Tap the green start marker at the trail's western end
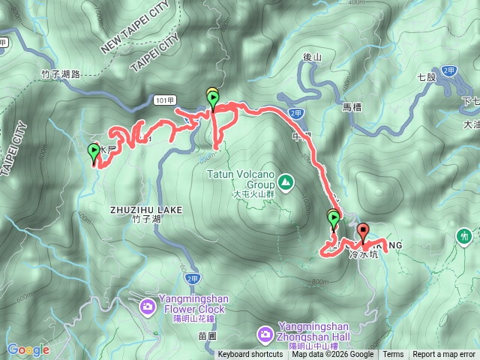coord(94,152)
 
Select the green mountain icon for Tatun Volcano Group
coord(286,181)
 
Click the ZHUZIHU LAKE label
coord(145,210)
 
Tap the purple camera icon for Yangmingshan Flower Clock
coord(148,306)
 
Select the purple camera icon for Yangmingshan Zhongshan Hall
coord(265,332)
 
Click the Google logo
coord(28,349)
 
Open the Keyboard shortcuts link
coord(250,355)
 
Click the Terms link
coord(393,355)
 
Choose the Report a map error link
coord(444,355)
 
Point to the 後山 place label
coord(312,56)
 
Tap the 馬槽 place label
coord(352,107)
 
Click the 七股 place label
coord(427,76)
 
